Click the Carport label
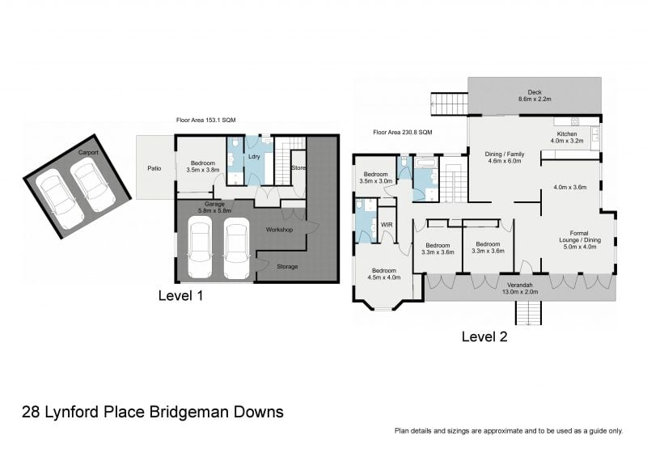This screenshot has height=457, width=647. tap(88, 152)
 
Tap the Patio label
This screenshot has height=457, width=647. tap(154, 168)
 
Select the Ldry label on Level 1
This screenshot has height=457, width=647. tap(254, 157)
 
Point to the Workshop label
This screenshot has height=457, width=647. tap(279, 230)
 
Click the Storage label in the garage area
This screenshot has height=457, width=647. tap(287, 267)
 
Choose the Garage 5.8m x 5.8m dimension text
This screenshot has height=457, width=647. tap(214, 207)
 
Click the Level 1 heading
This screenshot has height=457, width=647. tap(180, 295)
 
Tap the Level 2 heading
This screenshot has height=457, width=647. tap(484, 336)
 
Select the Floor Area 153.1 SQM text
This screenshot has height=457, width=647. tap(206, 121)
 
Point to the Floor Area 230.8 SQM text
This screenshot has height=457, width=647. tap(403, 133)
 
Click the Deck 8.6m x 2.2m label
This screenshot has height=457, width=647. tap(535, 95)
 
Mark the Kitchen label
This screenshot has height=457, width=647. tap(567, 134)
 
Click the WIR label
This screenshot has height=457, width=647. tap(387, 225)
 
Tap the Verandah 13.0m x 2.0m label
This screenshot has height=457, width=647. tap(520, 289)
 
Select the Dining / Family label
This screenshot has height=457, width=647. tap(504, 154)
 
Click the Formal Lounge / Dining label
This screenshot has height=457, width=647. tap(579, 236)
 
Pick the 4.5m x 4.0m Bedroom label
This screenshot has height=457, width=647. tap(384, 274)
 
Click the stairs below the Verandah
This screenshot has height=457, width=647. tap(528, 313)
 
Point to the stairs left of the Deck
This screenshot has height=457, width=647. tap(450, 104)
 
